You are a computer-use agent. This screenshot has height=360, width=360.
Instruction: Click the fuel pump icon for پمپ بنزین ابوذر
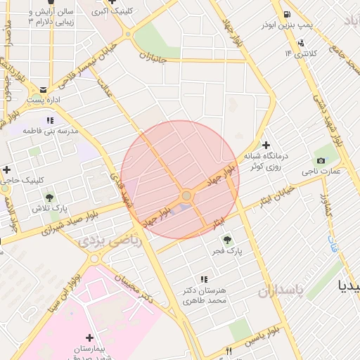287,15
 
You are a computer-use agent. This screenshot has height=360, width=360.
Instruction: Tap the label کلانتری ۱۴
301,53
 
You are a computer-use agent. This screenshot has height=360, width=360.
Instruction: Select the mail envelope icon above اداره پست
44,89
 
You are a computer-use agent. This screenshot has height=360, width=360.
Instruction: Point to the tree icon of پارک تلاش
49,198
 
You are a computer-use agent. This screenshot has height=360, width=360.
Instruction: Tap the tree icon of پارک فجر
225,240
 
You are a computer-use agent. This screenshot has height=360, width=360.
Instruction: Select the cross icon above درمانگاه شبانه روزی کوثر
266,144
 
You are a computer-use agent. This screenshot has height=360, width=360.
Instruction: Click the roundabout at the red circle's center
186,195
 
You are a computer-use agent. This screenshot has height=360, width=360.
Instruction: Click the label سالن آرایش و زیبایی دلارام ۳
50,17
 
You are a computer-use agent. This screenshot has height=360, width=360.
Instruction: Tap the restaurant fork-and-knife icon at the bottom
228,351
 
